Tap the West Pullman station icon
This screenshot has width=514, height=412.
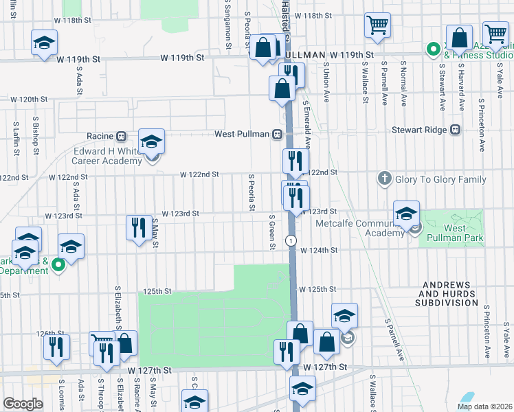pos(278,134)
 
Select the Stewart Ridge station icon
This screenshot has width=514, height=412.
pos(454,129)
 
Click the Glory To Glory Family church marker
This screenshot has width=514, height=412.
pos(385,179)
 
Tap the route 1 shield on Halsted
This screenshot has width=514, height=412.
pos(292,240)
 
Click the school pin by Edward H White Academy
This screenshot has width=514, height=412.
pos(151,142)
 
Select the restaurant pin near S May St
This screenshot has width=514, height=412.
pos(139,227)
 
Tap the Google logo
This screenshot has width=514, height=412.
pos(22,404)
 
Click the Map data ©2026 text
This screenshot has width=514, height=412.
pos(484,407)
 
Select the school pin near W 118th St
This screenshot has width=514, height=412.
pos(44,43)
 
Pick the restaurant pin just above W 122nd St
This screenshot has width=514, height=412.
pos(295,161)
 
